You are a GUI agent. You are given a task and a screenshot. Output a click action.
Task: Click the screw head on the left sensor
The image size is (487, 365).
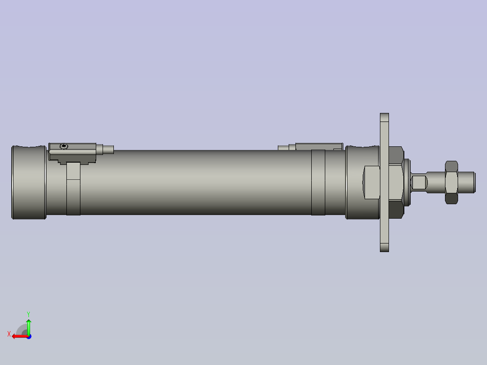click(64, 146)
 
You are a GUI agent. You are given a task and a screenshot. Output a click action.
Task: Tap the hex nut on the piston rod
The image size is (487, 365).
click(451, 182)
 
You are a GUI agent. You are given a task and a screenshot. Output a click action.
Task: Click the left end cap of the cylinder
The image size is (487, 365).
click(29, 182)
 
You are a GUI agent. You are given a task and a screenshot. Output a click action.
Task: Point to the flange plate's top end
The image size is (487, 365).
click(384, 118)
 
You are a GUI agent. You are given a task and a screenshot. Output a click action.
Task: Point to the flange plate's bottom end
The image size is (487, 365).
click(384, 247)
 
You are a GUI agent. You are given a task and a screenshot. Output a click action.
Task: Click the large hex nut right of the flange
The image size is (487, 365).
click(396, 182)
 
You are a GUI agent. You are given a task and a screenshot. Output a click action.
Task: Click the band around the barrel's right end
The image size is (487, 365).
click(318, 182)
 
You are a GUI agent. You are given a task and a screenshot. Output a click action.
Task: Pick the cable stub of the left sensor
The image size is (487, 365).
click(108, 150)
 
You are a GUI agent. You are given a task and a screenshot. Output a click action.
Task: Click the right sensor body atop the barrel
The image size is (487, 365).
click(316, 146)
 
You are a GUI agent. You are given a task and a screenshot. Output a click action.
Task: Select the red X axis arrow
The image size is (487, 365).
click(18, 336)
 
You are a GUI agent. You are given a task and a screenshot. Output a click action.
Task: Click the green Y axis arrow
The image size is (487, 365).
click(28, 326)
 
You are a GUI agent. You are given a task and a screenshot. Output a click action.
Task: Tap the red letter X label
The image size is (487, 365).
click(9, 334)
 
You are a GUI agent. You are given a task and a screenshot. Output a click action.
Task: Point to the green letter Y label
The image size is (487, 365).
click(28, 313)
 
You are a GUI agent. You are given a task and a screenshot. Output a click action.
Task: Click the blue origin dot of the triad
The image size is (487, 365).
click(28, 336)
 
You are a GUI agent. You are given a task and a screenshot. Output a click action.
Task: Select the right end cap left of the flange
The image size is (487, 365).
click(362, 182)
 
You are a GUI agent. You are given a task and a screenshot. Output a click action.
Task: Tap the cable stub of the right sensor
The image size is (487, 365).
click(283, 147)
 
